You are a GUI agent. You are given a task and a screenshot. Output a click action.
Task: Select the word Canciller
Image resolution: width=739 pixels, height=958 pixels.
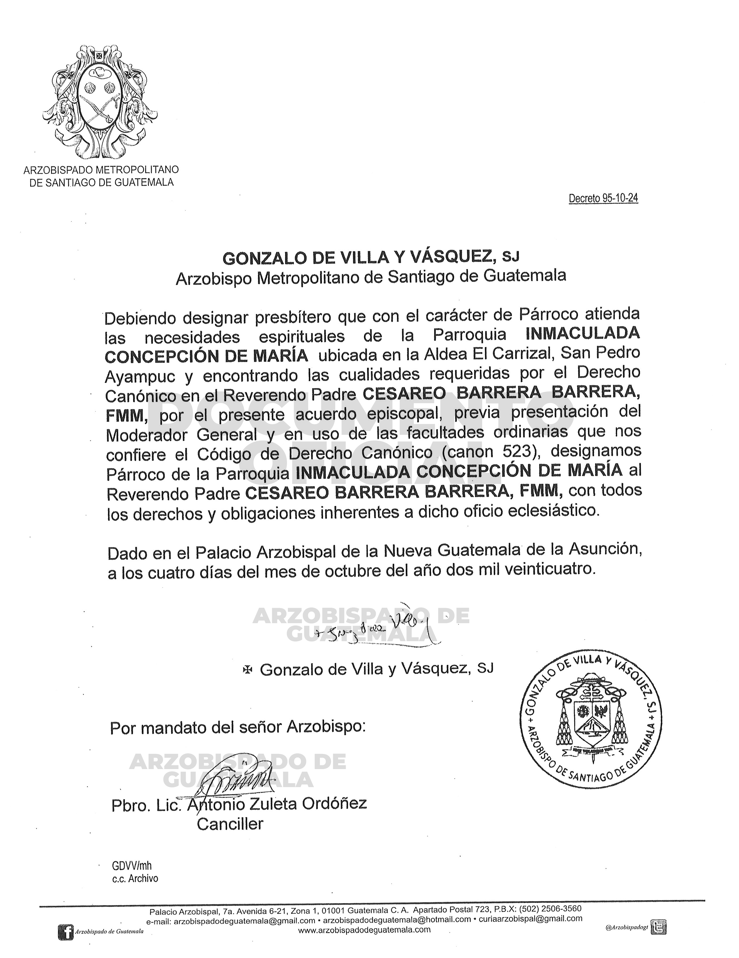(x=230, y=824)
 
